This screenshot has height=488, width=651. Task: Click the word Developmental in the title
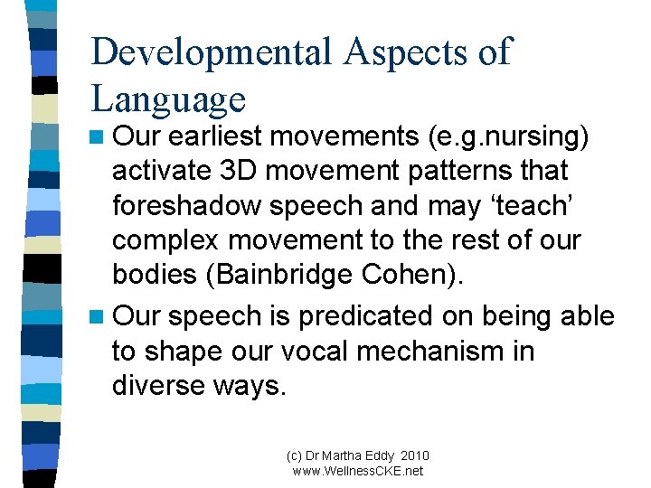212,52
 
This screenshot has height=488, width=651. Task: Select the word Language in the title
168,99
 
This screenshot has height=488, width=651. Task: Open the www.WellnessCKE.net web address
358,471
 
